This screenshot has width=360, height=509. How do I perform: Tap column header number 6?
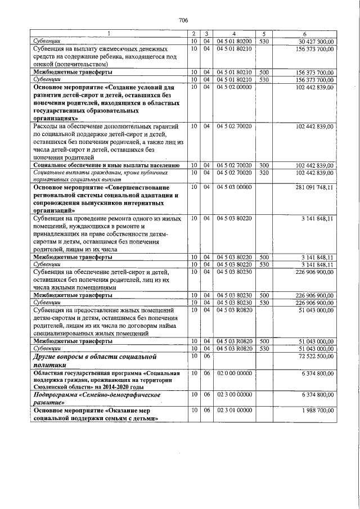click(x=304, y=34)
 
